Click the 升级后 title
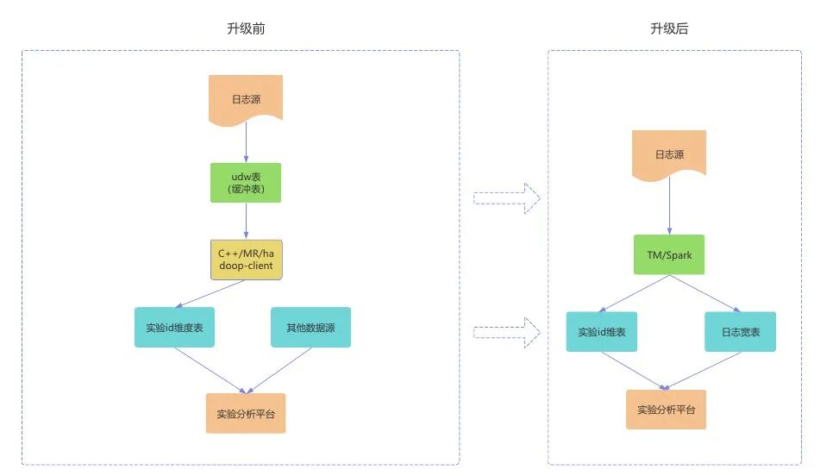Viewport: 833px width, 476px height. pyautogui.click(x=669, y=28)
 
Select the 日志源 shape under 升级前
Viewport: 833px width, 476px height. pyautogui.click(x=246, y=98)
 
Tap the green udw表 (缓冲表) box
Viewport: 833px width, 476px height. pyautogui.click(x=246, y=183)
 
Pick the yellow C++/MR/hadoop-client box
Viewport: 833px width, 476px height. pyautogui.click(x=247, y=259)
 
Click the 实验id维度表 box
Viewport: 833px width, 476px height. pyautogui.click(x=174, y=328)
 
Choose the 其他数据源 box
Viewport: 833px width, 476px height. pyautogui.click(x=310, y=328)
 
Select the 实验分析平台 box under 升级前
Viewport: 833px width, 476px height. pyautogui.click(x=246, y=413)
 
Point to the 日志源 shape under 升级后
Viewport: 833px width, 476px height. pyautogui.click(x=669, y=155)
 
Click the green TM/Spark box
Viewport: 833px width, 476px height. pyautogui.click(x=669, y=255)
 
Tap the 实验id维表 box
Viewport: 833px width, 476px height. pyautogui.click(x=602, y=332)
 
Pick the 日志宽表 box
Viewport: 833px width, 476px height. pyautogui.click(x=740, y=332)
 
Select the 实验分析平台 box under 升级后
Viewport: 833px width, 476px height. pyautogui.click(x=666, y=410)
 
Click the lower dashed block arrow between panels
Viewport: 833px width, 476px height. pyautogui.click(x=507, y=330)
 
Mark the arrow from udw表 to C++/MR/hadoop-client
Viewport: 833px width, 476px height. pyautogui.click(x=246, y=221)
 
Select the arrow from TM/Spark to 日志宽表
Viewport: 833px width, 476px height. pyautogui.click(x=705, y=293)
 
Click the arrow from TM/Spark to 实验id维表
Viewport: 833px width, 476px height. pyautogui.click(x=636, y=293)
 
